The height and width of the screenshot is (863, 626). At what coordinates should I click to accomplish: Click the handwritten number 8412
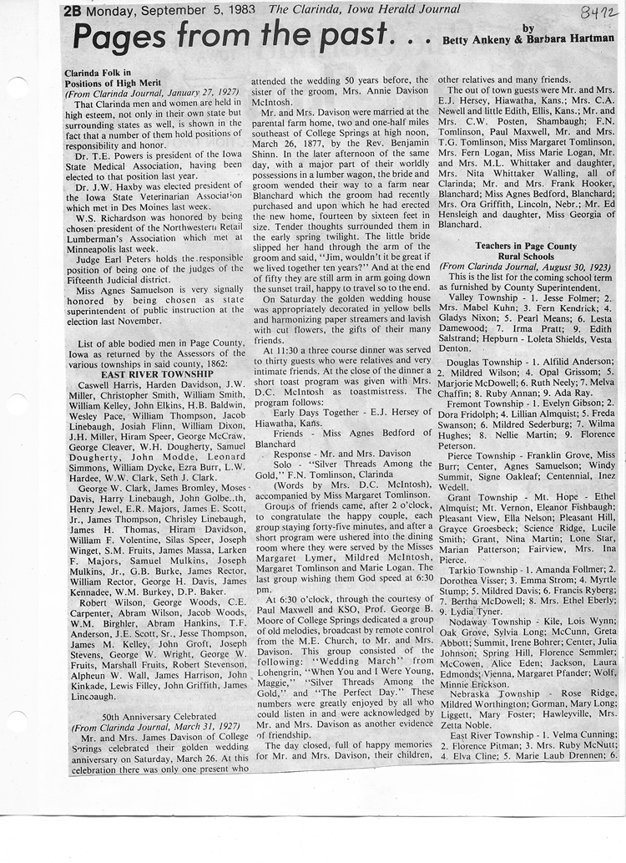(598, 12)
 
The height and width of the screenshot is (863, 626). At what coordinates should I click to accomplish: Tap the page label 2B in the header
(73, 11)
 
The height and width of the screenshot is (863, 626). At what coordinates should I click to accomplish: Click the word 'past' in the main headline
(349, 34)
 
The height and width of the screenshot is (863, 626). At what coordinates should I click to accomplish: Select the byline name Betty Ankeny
(472, 39)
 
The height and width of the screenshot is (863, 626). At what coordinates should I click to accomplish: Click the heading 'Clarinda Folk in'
(96, 73)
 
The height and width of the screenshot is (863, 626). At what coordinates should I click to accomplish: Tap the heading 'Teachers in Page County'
(526, 246)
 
